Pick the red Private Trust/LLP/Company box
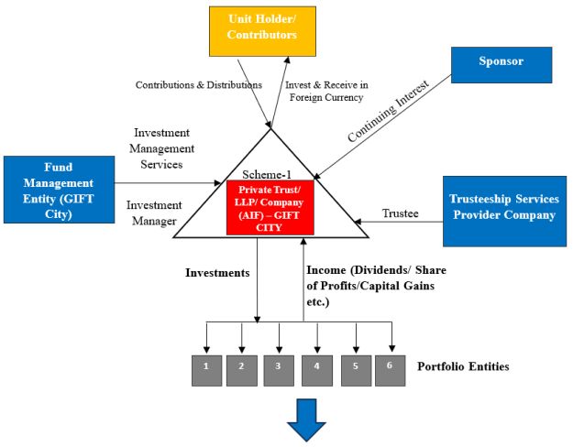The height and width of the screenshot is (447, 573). (270, 206)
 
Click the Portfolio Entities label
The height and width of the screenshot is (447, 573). (463, 367)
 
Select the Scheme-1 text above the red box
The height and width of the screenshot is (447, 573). (267, 174)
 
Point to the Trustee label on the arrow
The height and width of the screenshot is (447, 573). (400, 213)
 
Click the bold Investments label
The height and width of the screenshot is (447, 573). (218, 272)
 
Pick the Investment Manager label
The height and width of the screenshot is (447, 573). (155, 213)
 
